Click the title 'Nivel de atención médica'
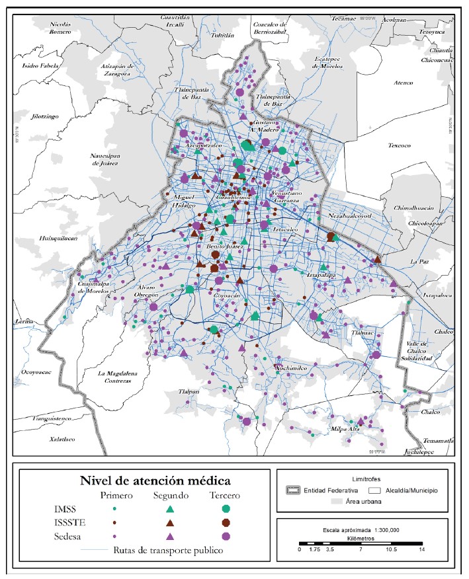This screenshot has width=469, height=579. [146, 480]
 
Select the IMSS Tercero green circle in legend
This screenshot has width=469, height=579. [226, 508]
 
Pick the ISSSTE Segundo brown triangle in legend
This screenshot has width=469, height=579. [171, 522]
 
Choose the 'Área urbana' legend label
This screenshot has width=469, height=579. [364, 502]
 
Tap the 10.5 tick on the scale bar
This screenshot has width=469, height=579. [392, 549]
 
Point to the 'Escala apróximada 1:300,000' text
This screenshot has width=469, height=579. [361, 529]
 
